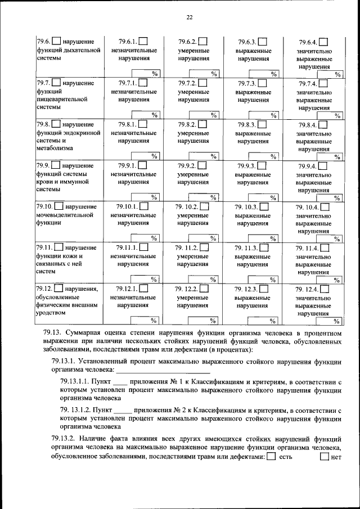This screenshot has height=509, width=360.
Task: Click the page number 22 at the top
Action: [190, 17]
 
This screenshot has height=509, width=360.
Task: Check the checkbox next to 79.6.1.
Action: [143, 42]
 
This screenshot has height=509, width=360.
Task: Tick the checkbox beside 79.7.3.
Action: [262, 83]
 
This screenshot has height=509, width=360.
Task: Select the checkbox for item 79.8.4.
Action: [324, 125]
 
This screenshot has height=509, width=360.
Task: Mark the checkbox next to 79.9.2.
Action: [202, 166]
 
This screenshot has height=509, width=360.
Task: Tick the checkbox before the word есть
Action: [271, 457]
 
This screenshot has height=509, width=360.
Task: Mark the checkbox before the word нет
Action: [324, 457]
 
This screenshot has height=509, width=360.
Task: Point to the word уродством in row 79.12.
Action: [50, 313]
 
